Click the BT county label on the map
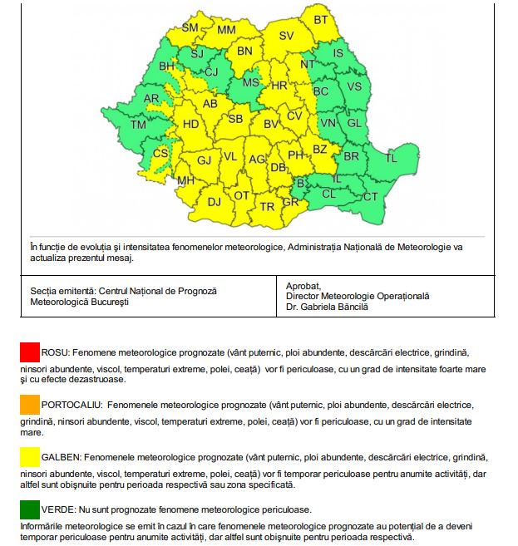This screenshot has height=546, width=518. [x=321, y=19]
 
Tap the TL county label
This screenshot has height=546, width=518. [x=391, y=158]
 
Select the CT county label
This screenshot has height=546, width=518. [x=370, y=197]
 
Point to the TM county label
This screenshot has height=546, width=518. [x=138, y=125]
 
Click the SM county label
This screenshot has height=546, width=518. [x=190, y=27]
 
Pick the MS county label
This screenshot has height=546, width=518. [x=250, y=83]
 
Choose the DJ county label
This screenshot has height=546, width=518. [x=215, y=201]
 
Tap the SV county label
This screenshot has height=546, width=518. [x=287, y=36]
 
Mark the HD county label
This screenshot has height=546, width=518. [x=190, y=124]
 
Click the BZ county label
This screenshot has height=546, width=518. [x=320, y=150]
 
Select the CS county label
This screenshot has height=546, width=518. [x=160, y=154]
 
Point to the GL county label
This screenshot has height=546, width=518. [x=353, y=123]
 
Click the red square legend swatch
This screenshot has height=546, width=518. [x=30, y=352]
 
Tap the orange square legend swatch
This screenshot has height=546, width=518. [x=30, y=404]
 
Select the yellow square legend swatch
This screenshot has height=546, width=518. [x=30, y=456]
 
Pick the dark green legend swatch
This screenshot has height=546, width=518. [x=30, y=508]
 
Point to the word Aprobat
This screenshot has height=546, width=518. [x=303, y=284]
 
